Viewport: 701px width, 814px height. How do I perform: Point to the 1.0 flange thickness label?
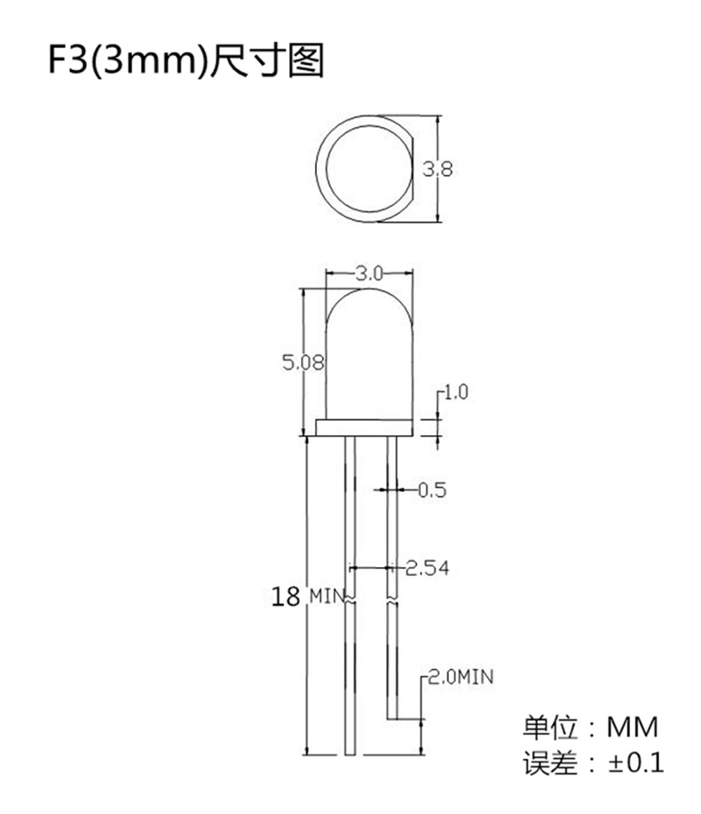455,392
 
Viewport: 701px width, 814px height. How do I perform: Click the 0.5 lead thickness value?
431,489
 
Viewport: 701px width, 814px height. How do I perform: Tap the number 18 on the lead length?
286,596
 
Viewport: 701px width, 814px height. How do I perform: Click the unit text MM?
633,728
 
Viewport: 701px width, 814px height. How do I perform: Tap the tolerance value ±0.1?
634,763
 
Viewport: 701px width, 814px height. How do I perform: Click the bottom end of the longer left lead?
351,751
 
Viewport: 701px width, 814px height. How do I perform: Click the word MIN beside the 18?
326,596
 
